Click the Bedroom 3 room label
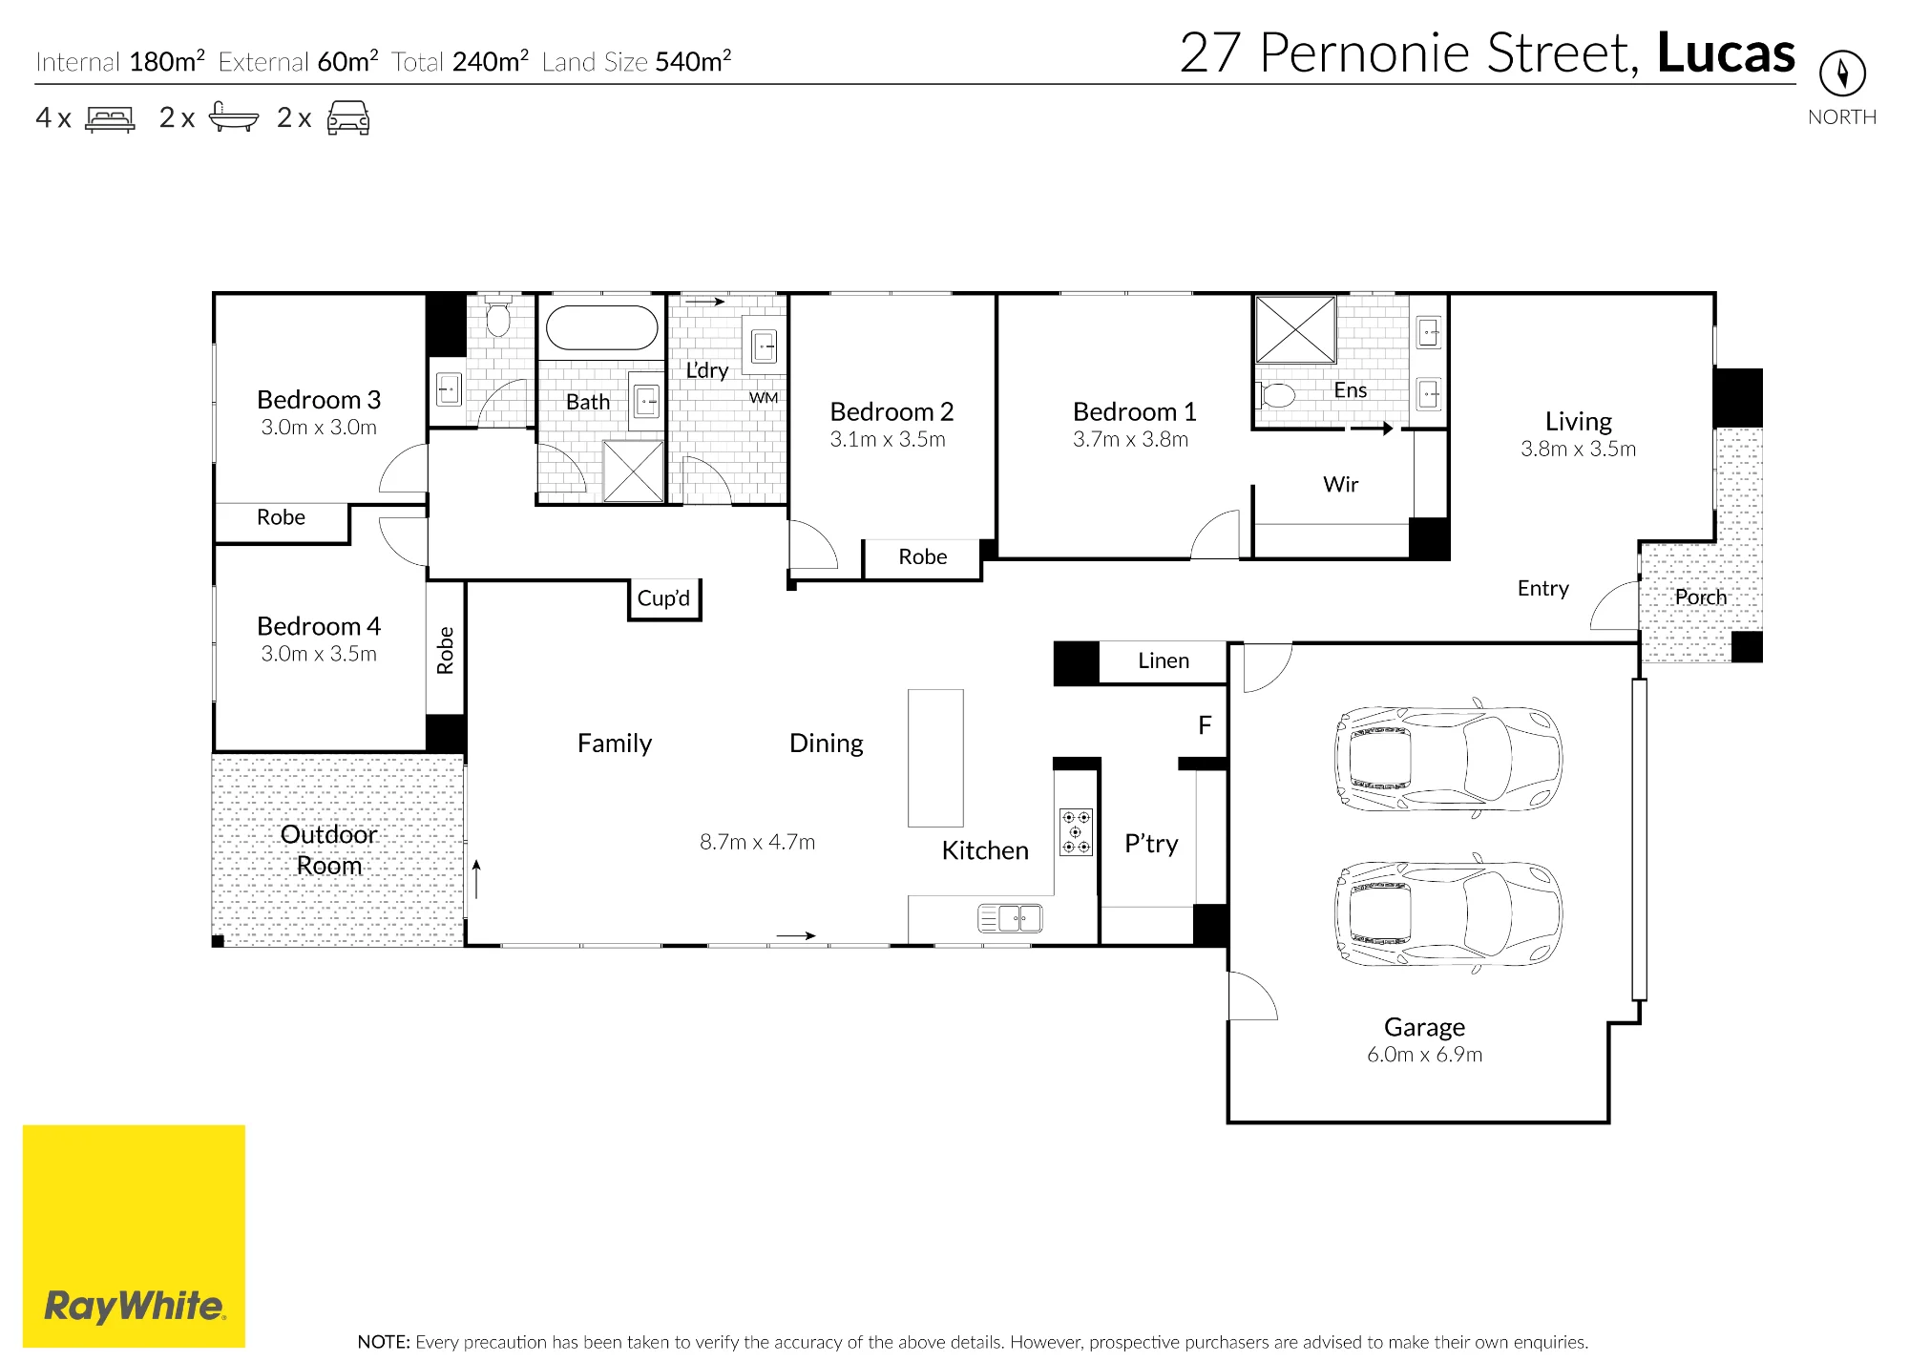click(x=319, y=399)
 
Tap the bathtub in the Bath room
click(x=601, y=327)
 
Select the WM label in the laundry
click(x=764, y=398)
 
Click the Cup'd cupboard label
click(x=663, y=598)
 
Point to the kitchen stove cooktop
click(x=1076, y=832)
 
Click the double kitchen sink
click(x=1011, y=919)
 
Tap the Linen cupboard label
click(x=1164, y=660)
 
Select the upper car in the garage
click(x=1448, y=759)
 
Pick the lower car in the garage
click(x=1448, y=913)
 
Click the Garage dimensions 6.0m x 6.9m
click(x=1424, y=1055)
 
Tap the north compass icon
click(x=1842, y=73)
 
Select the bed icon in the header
click(x=110, y=118)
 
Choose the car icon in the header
click(x=348, y=117)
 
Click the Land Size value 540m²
click(x=693, y=61)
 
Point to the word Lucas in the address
click(x=1726, y=52)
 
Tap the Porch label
click(x=1701, y=597)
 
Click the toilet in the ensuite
click(x=1275, y=394)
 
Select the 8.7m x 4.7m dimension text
click(x=757, y=842)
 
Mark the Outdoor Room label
click(x=329, y=849)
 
